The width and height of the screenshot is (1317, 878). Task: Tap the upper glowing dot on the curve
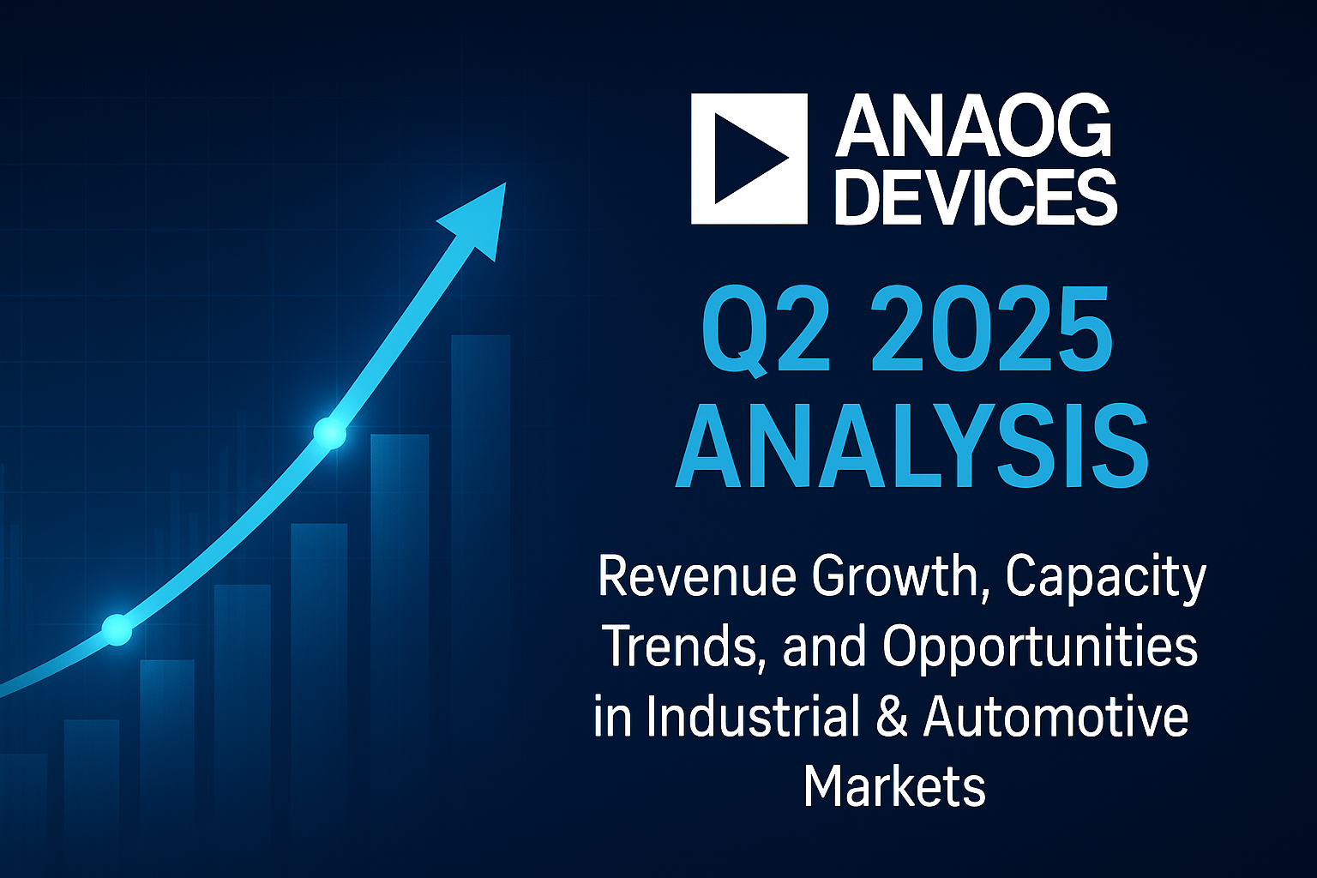tap(329, 433)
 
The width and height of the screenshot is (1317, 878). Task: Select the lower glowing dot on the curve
tap(117, 629)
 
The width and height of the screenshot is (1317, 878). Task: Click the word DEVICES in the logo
tap(976, 197)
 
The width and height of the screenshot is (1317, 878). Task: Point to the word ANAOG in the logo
tap(973, 125)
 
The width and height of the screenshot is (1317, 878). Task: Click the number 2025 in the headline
tap(992, 329)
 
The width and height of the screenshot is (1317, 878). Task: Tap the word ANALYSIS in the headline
tap(912, 447)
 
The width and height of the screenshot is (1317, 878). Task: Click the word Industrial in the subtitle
tap(754, 717)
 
